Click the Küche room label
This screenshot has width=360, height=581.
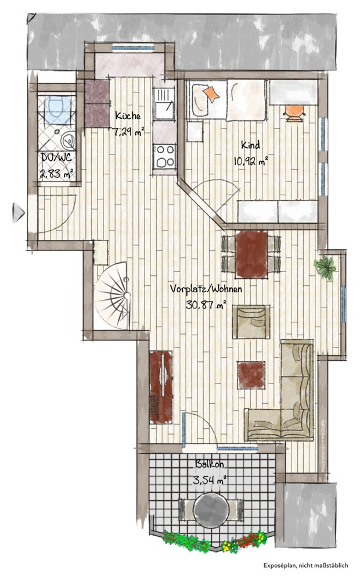point(127,115)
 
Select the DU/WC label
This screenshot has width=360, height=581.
point(56,157)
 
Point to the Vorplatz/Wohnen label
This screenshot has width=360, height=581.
point(207,289)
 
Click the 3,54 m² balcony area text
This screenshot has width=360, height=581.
point(209,480)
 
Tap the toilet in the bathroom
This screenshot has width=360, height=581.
point(57,109)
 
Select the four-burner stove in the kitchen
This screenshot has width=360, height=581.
point(164,155)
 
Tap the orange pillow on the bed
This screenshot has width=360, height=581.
point(212,93)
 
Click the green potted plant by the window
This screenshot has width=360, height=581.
point(325,267)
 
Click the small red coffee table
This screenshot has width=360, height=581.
point(251,375)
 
